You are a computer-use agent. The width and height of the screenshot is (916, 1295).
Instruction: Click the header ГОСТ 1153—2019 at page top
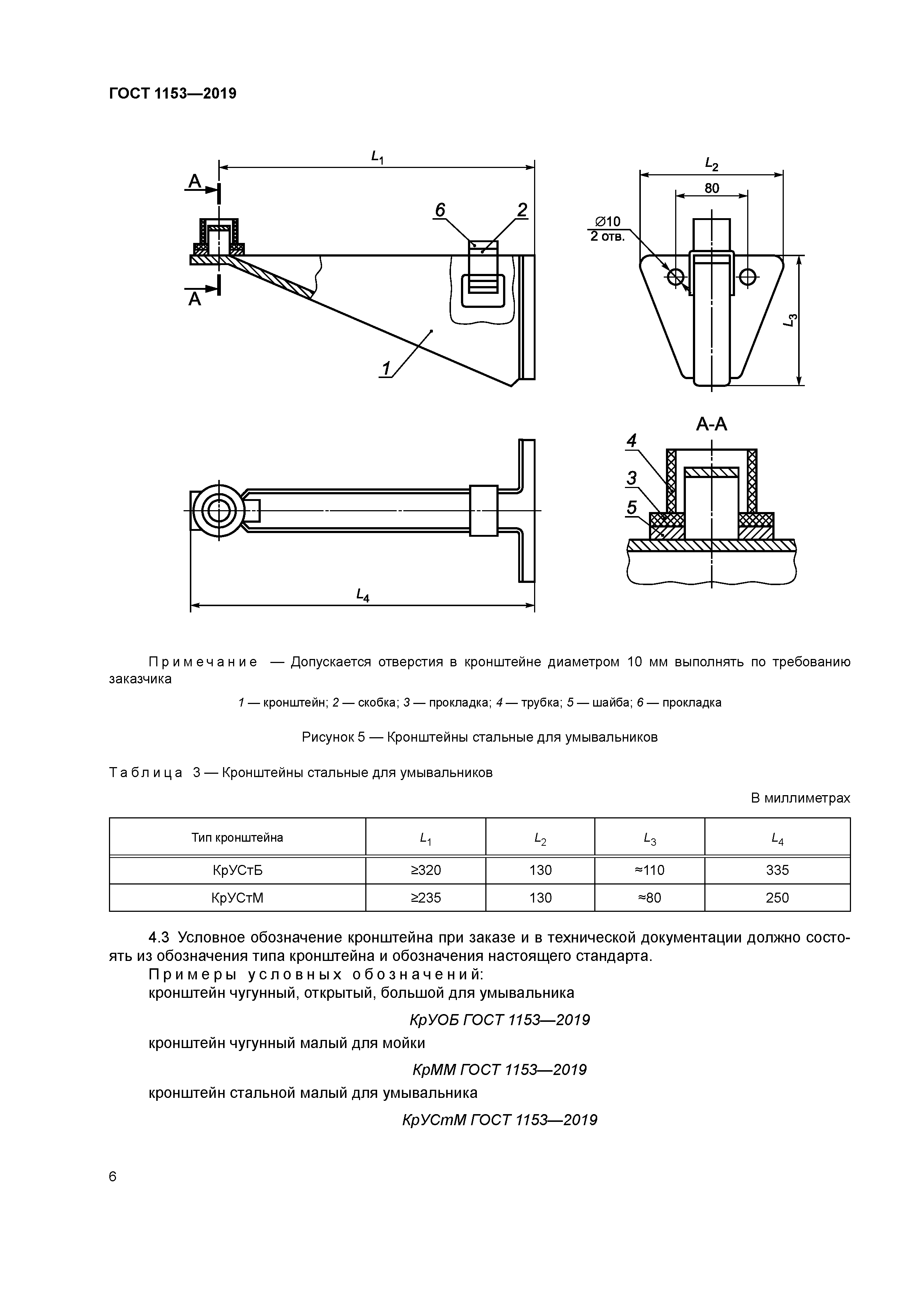(x=173, y=94)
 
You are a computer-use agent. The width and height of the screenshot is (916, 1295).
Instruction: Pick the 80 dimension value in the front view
(x=712, y=188)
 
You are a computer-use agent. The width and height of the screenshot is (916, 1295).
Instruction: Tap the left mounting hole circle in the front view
(x=676, y=276)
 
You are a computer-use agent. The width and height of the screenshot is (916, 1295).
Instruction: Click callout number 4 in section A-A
(x=632, y=440)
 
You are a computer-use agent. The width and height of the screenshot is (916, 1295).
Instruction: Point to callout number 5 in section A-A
(x=632, y=508)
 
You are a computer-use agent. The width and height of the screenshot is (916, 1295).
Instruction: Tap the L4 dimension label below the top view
(x=362, y=594)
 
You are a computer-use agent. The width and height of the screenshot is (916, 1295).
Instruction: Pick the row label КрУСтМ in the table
(x=237, y=897)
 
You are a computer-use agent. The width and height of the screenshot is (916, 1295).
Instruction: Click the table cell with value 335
(x=777, y=870)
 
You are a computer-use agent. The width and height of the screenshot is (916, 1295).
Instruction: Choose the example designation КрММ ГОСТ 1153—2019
(x=499, y=1069)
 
